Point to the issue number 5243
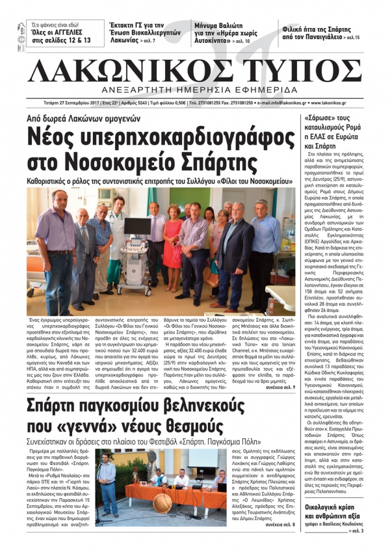142,103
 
